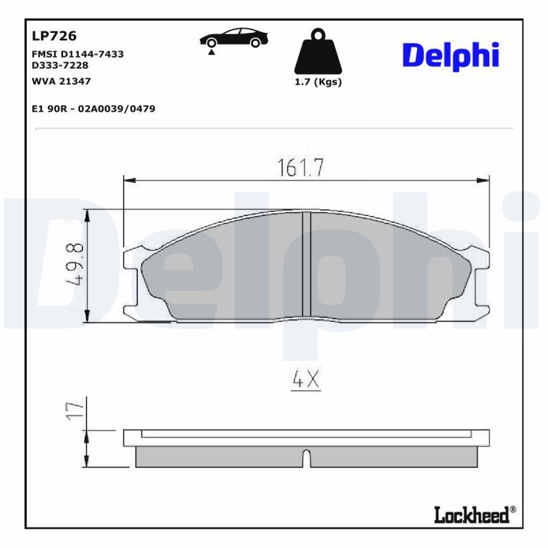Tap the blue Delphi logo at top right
coord(450,56)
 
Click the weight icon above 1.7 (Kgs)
coord(317,51)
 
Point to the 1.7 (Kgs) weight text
coord(317,82)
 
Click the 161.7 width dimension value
coord(300,168)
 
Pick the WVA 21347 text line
coord(62,81)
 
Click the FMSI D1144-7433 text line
coord(78,54)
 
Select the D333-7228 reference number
coord(60,65)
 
